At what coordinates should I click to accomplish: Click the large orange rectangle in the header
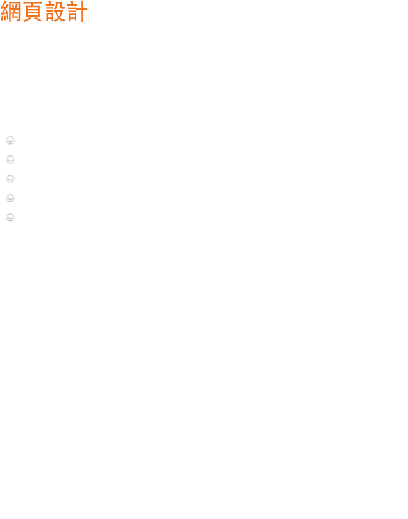(x=46, y=12)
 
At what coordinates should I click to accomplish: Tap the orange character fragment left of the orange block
(x=4, y=11)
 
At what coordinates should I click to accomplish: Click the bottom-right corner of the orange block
(x=82, y=22)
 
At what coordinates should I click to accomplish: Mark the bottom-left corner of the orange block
(x=11, y=22)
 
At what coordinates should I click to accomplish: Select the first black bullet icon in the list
(x=10, y=139)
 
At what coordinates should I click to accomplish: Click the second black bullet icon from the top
(x=10, y=159)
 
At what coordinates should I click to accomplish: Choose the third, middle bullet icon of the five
(x=10, y=178)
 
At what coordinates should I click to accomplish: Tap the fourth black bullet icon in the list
(x=10, y=197)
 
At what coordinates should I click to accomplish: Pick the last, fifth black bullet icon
(x=10, y=216)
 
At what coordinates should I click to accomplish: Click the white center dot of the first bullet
(x=10, y=139)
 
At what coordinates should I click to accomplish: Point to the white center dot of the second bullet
(x=10, y=159)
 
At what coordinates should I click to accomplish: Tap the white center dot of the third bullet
(x=10, y=178)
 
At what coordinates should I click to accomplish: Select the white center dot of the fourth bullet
(x=10, y=197)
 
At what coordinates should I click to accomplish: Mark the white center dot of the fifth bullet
(x=10, y=216)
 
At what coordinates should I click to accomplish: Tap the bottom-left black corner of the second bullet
(x=6, y=163)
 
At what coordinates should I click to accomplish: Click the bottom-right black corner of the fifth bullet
(x=15, y=221)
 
